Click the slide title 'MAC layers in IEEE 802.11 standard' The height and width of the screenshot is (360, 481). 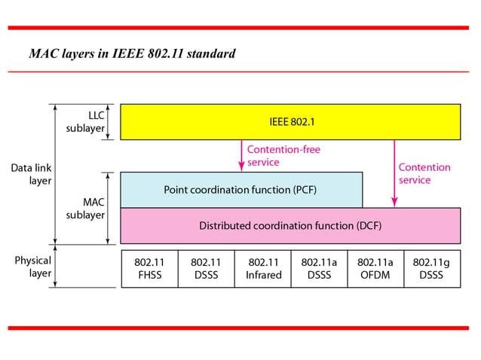tap(132, 53)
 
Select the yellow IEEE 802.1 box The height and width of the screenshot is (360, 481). tap(290, 121)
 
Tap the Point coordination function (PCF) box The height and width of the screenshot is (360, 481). tap(240, 190)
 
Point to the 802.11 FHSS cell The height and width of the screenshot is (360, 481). tap(149, 269)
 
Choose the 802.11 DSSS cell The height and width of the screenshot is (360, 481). tap(206, 269)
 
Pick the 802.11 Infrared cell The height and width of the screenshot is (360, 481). tap(262, 269)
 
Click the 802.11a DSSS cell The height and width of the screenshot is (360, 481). tap(319, 269)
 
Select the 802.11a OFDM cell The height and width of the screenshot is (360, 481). tap(375, 269)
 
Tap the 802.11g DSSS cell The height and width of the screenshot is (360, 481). tap(432, 269)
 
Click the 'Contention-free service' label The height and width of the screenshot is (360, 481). tap(283, 156)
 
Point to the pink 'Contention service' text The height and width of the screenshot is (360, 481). tap(424, 174)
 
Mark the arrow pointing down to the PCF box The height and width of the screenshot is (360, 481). tap(241, 155)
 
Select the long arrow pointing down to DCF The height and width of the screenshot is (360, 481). tap(393, 173)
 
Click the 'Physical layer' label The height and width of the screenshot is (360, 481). tap(33, 267)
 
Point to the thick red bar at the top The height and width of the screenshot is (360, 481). tap(240, 27)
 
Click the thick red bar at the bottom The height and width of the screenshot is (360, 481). tap(240, 328)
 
